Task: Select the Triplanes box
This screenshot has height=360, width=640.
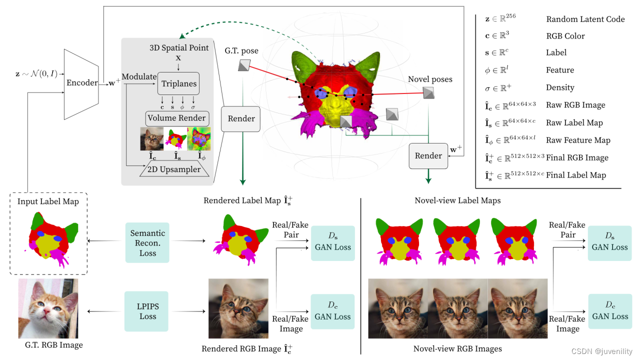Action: click(178, 83)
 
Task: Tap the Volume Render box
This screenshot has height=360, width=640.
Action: click(176, 118)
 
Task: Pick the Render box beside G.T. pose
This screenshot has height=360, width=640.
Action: click(241, 119)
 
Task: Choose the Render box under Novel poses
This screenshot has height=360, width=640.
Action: click(428, 155)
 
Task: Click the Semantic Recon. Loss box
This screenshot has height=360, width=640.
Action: click(147, 243)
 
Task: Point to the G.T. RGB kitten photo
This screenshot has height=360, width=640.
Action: click(48, 308)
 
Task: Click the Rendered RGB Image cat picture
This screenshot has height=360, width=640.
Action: click(238, 308)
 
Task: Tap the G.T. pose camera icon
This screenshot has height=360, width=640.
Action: click(244, 65)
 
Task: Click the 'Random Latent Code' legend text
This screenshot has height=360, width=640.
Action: click(585, 19)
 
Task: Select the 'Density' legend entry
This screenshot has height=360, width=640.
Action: click(560, 87)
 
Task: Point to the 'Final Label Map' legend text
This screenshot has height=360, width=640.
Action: click(576, 175)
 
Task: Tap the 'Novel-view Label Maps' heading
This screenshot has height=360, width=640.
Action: click(457, 200)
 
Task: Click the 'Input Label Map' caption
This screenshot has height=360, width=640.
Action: click(48, 201)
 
